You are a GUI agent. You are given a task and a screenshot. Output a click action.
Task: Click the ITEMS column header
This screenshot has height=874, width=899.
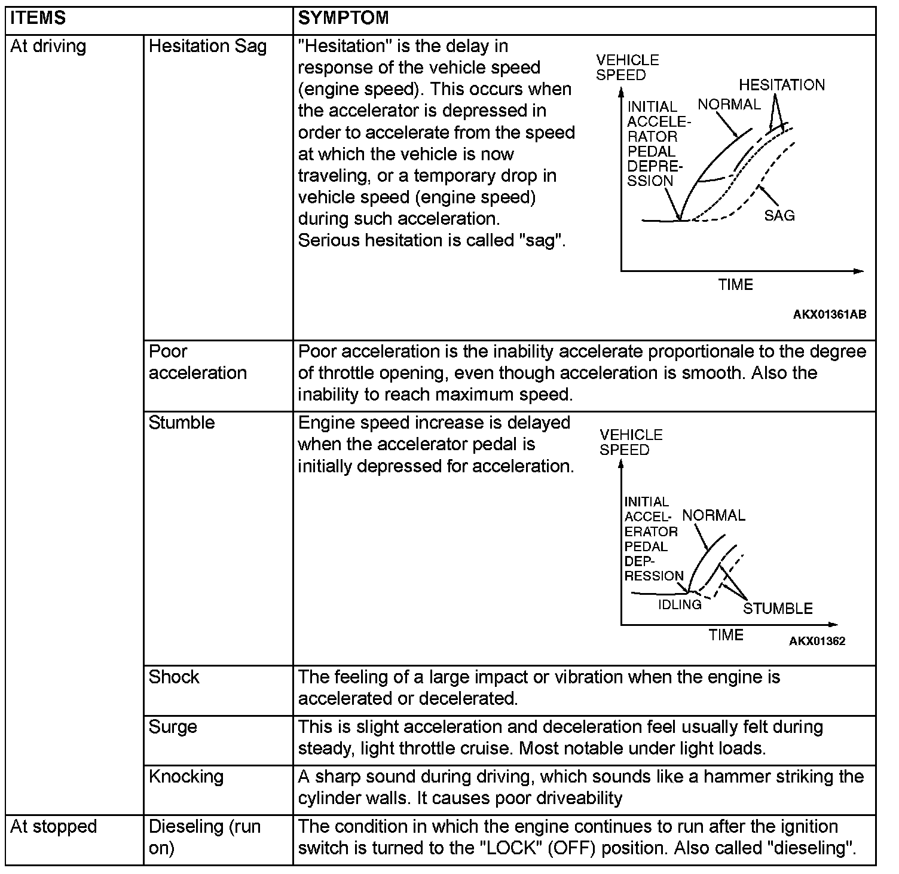coord(38,18)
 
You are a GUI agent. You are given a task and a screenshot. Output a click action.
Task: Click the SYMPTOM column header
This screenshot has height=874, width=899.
coord(343,18)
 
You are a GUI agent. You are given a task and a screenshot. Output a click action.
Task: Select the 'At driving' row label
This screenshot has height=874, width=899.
coord(48,47)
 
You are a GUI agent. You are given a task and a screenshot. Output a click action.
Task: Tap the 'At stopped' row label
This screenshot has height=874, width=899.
coord(53,827)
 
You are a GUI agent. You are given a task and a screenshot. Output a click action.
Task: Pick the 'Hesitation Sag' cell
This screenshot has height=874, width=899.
coord(207,47)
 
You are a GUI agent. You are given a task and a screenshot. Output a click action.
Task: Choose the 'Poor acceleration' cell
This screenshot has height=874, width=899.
coord(197,362)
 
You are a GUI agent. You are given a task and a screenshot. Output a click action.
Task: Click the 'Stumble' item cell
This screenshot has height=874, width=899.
coord(181,423)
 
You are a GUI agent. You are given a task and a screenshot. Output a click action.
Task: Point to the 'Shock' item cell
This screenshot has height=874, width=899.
coord(174,677)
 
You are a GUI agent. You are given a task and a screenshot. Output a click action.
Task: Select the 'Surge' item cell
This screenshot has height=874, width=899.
coord(173,727)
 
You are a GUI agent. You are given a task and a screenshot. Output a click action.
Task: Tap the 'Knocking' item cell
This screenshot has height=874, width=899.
coord(186,777)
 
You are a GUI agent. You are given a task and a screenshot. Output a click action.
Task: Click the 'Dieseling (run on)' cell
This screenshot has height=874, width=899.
coord(204,837)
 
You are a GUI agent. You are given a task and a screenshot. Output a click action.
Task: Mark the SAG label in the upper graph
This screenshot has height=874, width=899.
coord(779,215)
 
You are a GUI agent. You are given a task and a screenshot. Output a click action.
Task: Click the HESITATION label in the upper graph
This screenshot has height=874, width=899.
coord(781,85)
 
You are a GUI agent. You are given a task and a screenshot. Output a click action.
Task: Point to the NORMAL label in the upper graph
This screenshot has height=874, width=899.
coord(729,105)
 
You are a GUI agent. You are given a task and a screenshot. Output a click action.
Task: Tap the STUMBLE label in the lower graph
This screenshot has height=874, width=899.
coord(778,609)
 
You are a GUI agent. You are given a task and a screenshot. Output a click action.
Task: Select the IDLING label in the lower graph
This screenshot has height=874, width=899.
coord(680,604)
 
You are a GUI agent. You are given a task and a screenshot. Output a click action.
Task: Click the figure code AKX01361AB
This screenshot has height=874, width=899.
coord(829,314)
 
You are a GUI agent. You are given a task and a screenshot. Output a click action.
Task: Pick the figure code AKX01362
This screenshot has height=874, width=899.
coord(817,641)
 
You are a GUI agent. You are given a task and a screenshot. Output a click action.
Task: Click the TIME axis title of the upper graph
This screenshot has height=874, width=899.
coord(735,285)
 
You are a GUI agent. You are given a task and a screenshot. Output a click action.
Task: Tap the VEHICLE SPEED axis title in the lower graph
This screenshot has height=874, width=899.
coord(631,442)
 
